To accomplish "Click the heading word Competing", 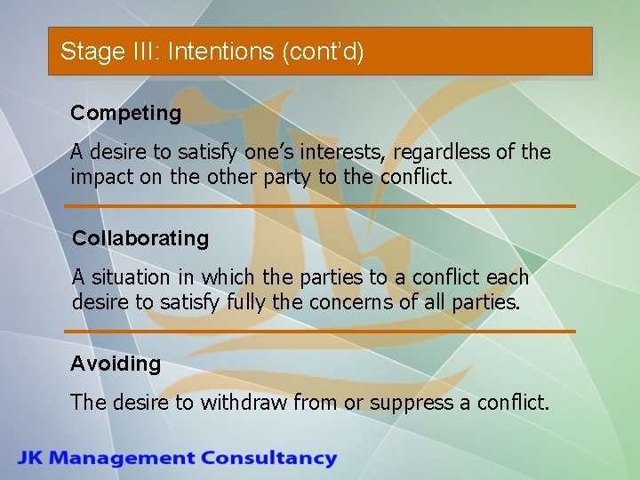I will pyautogui.click(x=125, y=114).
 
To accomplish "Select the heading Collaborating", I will pyautogui.click(x=140, y=238).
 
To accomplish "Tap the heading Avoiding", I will pyautogui.click(x=116, y=364).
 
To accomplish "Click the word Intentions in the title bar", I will pyautogui.click(x=220, y=52).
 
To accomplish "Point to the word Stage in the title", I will pyautogui.click(x=87, y=52).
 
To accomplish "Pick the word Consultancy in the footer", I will pyautogui.click(x=268, y=459).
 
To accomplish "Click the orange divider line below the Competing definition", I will pyautogui.click(x=320, y=206).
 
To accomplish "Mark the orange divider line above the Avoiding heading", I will pyautogui.click(x=320, y=332).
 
